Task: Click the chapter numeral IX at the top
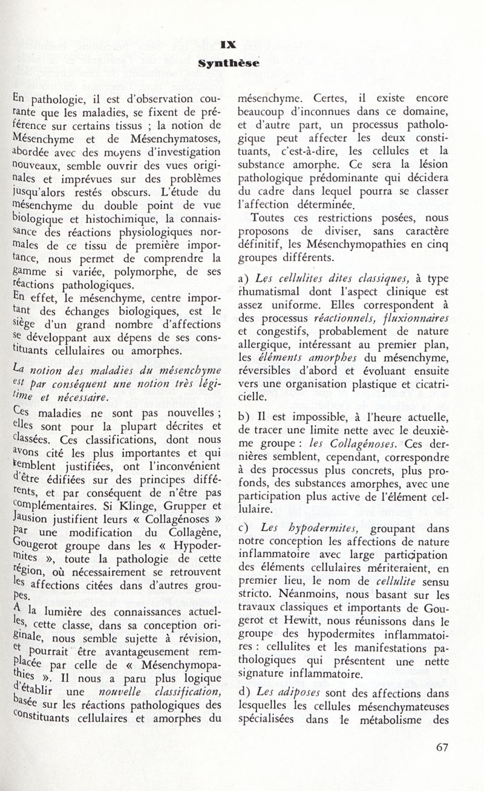[228, 44]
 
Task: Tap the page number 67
[442, 764]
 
